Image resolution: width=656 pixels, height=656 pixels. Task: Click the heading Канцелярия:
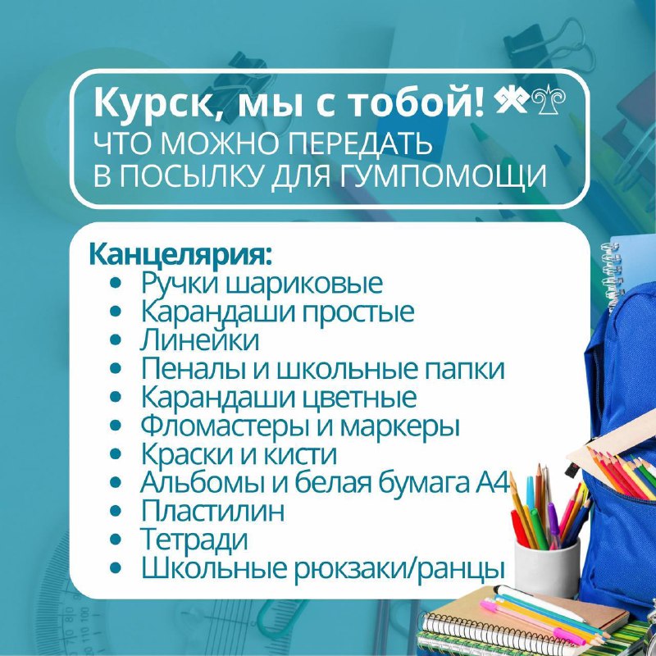[180, 256]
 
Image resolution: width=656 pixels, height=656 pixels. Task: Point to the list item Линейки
[199, 339]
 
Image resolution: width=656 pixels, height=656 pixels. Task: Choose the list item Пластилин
[212, 510]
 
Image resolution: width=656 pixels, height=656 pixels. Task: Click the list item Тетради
[194, 539]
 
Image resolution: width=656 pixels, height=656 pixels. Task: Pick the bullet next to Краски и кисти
[116, 453]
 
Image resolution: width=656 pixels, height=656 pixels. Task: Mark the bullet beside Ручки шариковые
[116, 283]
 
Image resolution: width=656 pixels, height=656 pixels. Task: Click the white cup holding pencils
[547, 567]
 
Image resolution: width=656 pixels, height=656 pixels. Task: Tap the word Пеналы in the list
[194, 368]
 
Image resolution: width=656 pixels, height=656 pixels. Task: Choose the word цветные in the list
[358, 398]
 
